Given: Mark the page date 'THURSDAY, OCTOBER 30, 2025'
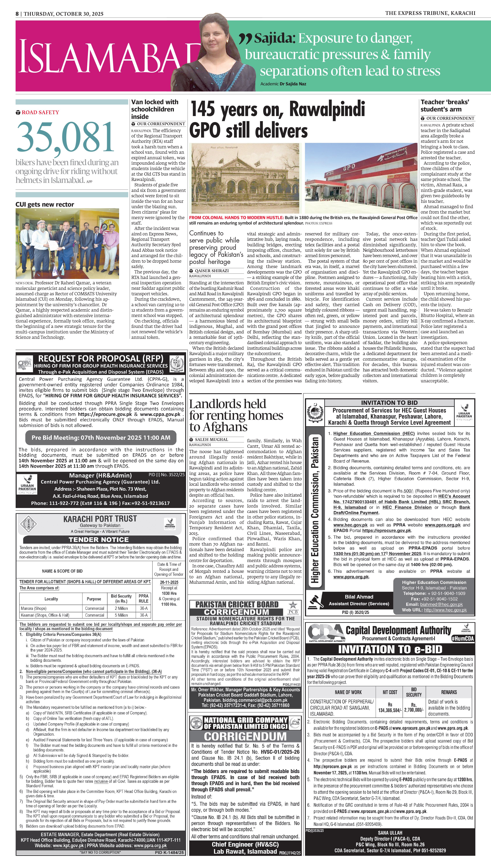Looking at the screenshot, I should pyautogui.click(x=63, y=14).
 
